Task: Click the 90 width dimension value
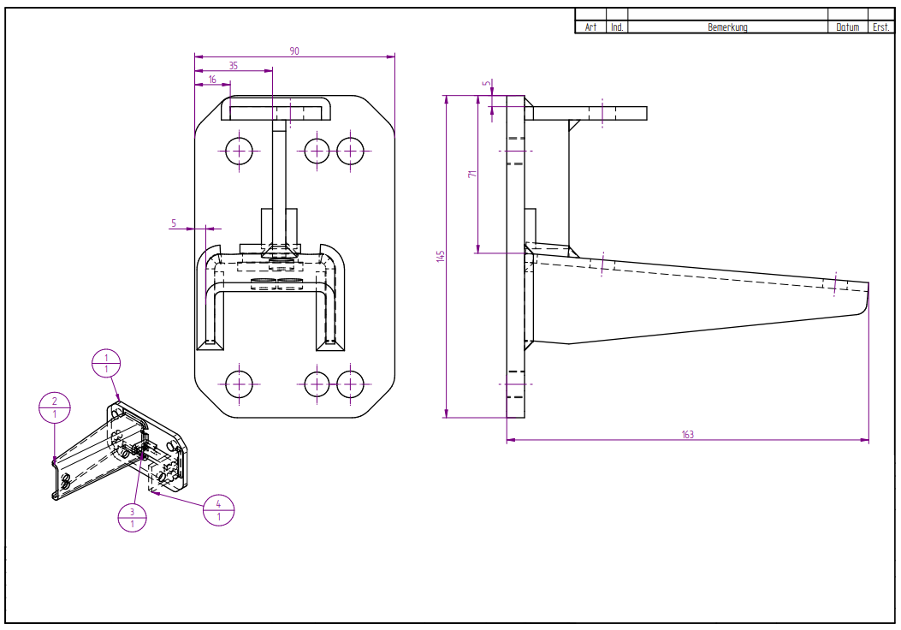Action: pyautogui.click(x=294, y=51)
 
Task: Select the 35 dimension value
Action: pyautogui.click(x=234, y=66)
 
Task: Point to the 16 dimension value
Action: pyautogui.click(x=213, y=80)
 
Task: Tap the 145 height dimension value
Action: pyautogui.click(x=440, y=256)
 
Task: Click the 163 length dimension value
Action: pyautogui.click(x=687, y=435)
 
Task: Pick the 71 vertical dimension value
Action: pyautogui.click(x=471, y=174)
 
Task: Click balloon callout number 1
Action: pyautogui.click(x=106, y=363)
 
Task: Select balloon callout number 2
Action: pyautogui.click(x=54, y=407)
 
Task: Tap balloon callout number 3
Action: pyautogui.click(x=132, y=517)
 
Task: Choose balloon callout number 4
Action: pyautogui.click(x=219, y=510)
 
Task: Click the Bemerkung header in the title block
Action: pyautogui.click(x=727, y=27)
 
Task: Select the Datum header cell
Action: pyautogui.click(x=847, y=27)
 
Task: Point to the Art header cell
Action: pyautogui.click(x=590, y=27)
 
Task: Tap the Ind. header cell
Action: pyautogui.click(x=617, y=27)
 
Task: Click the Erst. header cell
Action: pyautogui.click(x=880, y=27)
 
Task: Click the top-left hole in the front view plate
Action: pyautogui.click(x=240, y=151)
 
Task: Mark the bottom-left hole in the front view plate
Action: pyautogui.click(x=240, y=383)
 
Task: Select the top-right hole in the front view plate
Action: pyautogui.click(x=351, y=151)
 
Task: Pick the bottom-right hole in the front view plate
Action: pyautogui.click(x=351, y=383)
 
